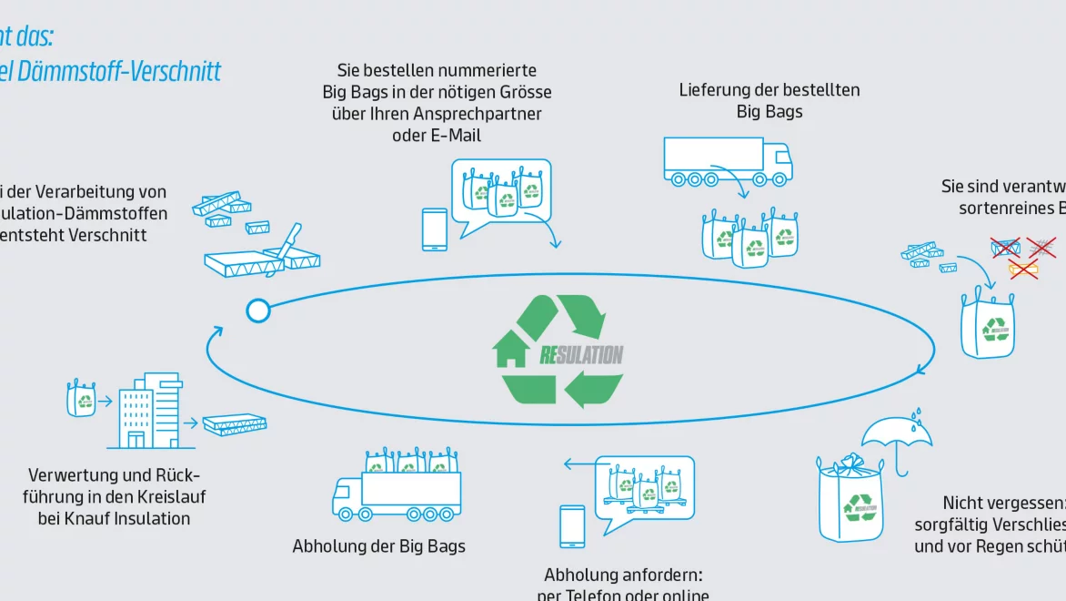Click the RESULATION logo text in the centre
pos(581,354)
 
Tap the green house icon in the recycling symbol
pos(511,351)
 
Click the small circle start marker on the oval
pos(257,311)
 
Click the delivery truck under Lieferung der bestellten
pos(727,161)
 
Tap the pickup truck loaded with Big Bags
pos(397,488)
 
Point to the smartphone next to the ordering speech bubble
pos(435,229)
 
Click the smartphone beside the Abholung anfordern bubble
pos(572,526)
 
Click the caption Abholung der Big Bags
pos(378,546)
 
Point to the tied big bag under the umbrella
pos(851,500)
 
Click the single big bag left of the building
pos(81,399)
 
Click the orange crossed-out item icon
pos(1022,268)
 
